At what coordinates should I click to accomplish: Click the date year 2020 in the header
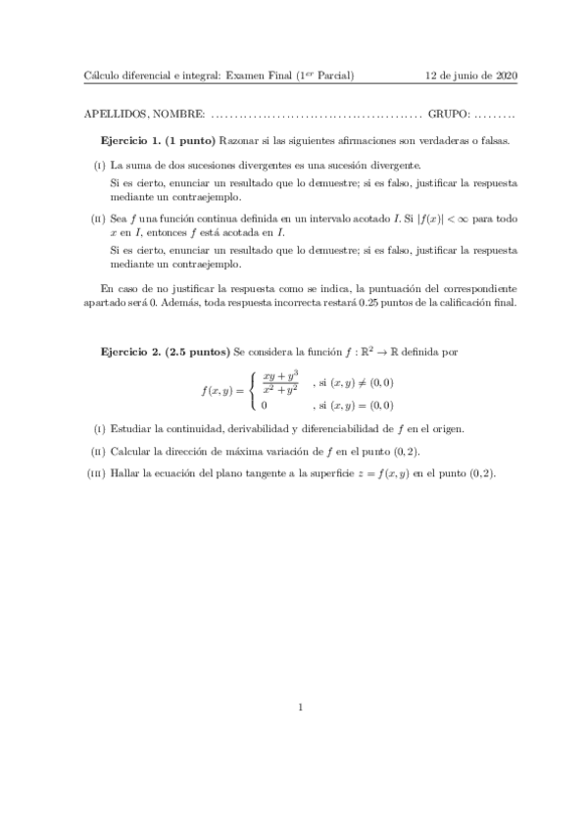pyautogui.click(x=507, y=75)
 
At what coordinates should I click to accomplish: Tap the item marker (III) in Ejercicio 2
pyautogui.click(x=96, y=473)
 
